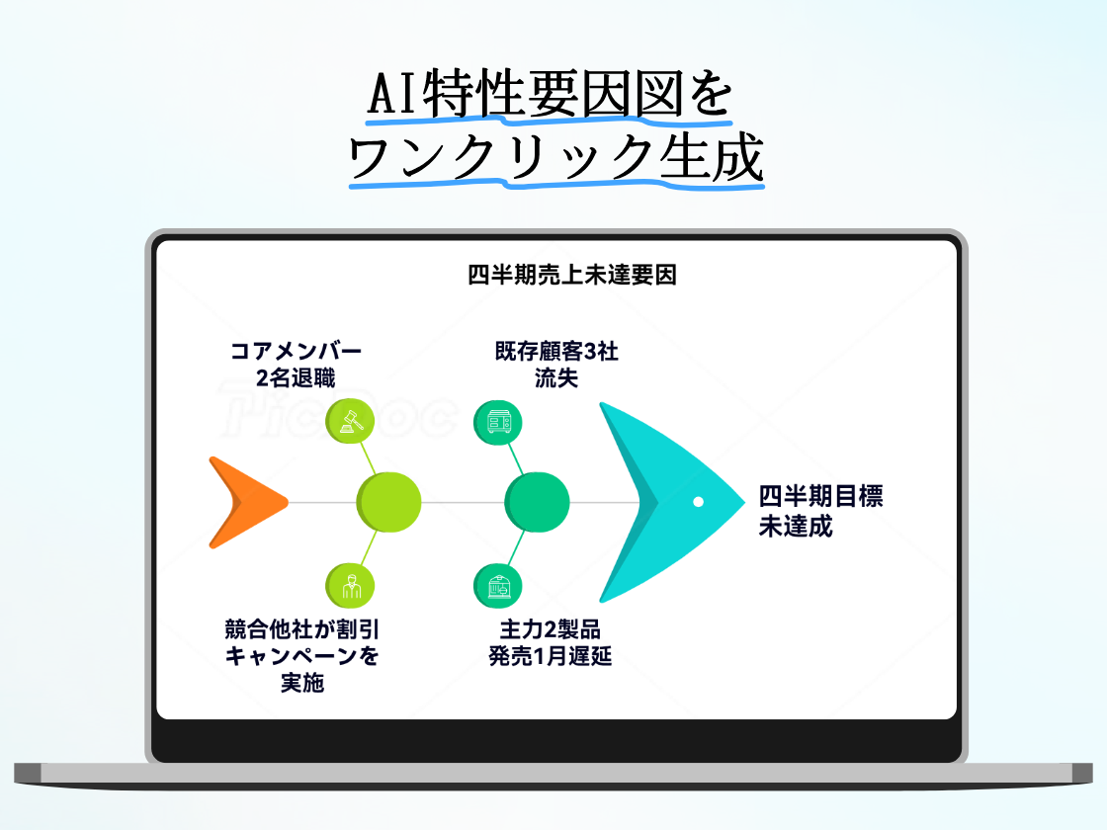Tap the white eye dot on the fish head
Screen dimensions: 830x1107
tap(698, 502)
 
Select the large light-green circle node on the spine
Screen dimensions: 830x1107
tap(388, 502)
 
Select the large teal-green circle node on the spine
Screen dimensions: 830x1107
tap(537, 502)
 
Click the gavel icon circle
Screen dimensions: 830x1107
tap(350, 422)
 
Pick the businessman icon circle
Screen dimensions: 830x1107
tap(350, 585)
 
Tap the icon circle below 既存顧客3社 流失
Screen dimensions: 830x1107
tap(498, 422)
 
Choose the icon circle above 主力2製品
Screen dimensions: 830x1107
tap(498, 585)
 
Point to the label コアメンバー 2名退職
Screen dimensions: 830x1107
tap(296, 364)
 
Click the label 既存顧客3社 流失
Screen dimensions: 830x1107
tap(556, 364)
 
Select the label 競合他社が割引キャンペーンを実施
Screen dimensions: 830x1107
tap(301, 655)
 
